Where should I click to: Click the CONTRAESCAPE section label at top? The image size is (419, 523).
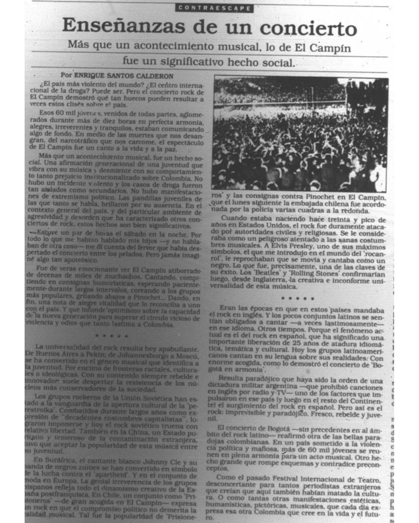point(214,8)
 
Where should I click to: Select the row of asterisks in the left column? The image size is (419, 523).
point(112,336)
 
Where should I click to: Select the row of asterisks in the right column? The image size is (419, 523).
point(298,298)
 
